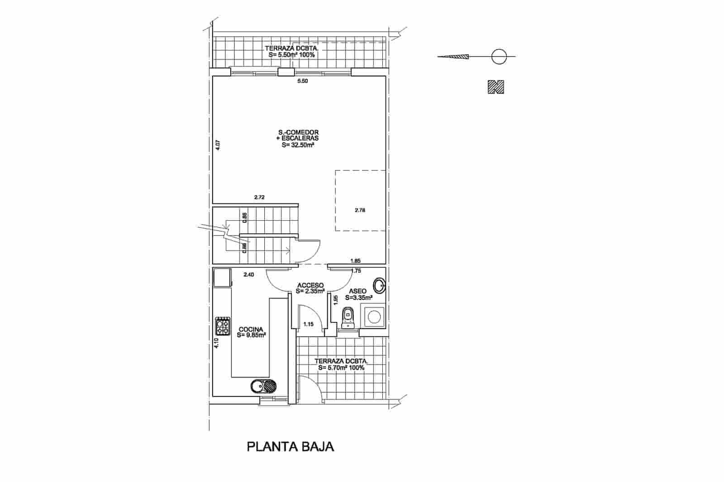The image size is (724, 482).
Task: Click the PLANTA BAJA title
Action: (x=290, y=447)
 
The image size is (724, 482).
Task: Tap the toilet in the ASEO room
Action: (x=348, y=317)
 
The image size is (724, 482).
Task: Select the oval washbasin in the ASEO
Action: (x=379, y=286)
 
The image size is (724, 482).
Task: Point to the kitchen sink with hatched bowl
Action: (x=265, y=387)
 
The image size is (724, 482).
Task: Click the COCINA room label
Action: (x=251, y=329)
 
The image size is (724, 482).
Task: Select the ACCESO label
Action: (x=310, y=286)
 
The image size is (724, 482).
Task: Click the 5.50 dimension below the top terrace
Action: (x=302, y=81)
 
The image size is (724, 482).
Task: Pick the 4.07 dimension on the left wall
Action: (x=218, y=145)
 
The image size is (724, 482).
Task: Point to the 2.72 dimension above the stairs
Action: (x=259, y=197)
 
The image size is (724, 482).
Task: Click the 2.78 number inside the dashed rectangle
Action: (x=360, y=210)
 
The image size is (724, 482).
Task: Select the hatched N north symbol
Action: (x=496, y=87)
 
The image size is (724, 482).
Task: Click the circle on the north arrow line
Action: (x=499, y=57)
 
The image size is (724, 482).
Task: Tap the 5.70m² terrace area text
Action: (x=341, y=368)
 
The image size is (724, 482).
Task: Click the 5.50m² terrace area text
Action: (x=292, y=54)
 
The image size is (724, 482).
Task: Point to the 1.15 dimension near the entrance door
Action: (x=309, y=324)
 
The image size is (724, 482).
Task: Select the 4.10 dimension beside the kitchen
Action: (x=216, y=344)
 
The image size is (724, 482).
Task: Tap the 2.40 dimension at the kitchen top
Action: (x=249, y=274)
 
